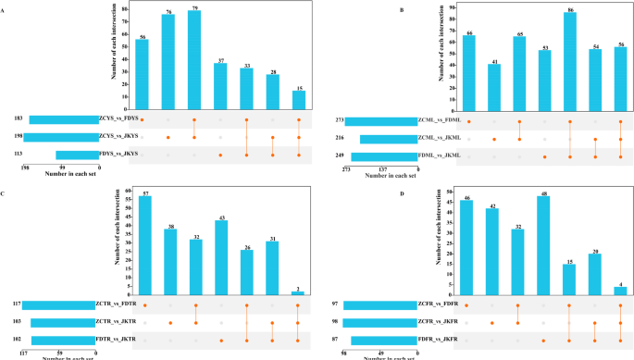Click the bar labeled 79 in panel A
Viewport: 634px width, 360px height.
point(193,60)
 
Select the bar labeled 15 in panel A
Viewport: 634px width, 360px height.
point(298,100)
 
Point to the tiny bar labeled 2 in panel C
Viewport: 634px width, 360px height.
point(299,292)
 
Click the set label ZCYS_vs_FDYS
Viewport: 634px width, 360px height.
point(118,120)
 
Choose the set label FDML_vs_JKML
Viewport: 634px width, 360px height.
point(439,155)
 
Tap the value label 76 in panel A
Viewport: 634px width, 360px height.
point(168,11)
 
